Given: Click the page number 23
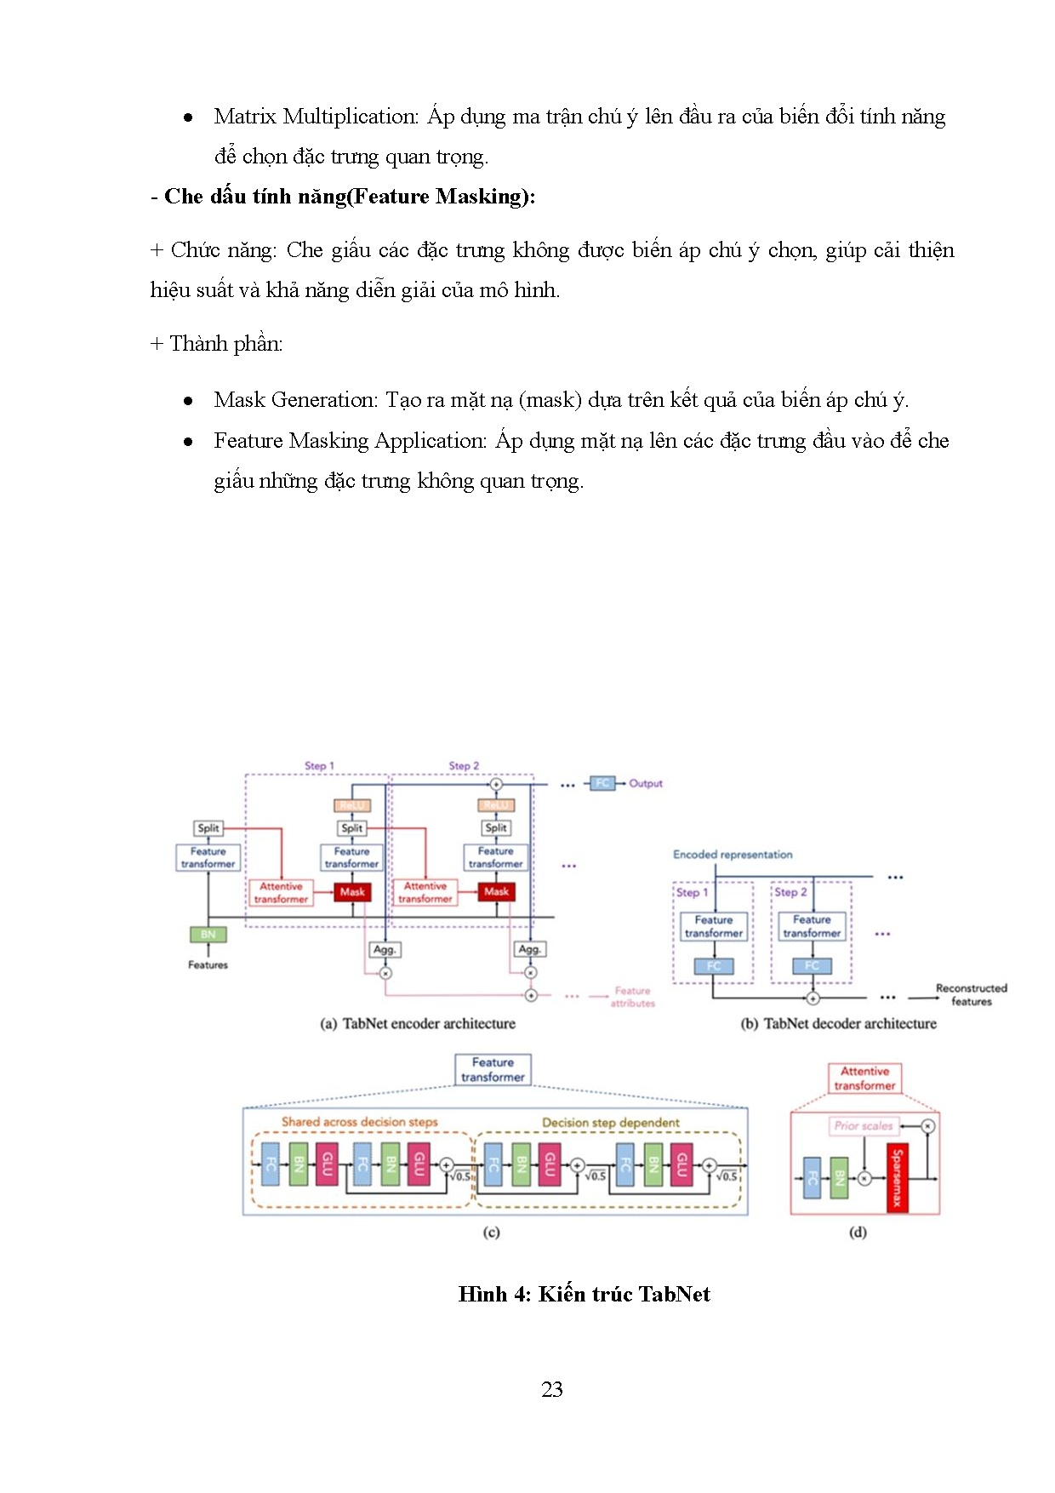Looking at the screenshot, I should click(x=551, y=1389).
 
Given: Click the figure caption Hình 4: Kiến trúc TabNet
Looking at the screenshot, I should click(x=584, y=1294).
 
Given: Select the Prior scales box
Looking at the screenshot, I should click(x=863, y=1125).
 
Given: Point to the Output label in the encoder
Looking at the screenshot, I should click(x=646, y=783).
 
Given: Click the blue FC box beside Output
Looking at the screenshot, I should click(x=602, y=783).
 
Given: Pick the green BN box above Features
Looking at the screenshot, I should click(x=208, y=935).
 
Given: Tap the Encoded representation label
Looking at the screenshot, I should click(x=733, y=855).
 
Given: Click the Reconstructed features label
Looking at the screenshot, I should click(x=971, y=994).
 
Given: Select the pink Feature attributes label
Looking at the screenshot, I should click(x=632, y=997).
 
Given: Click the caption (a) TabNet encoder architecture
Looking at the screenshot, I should click(x=418, y=1024).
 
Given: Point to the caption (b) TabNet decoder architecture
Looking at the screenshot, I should click(x=838, y=1024).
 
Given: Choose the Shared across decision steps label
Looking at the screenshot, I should click(x=359, y=1122).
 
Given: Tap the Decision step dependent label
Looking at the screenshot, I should click(x=611, y=1123).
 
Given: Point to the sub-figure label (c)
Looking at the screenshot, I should click(x=491, y=1232).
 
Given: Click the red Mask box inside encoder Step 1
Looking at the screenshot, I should click(x=352, y=892).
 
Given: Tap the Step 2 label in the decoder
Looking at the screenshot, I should click(x=790, y=892).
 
